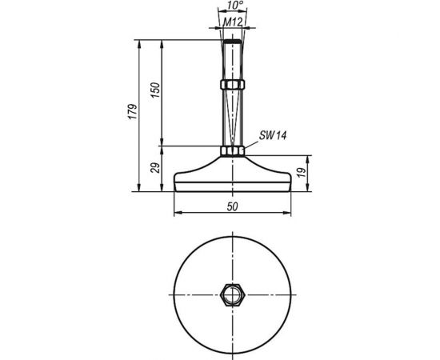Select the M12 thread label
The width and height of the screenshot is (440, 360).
tap(231, 22)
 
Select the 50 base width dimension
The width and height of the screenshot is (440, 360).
tap(231, 206)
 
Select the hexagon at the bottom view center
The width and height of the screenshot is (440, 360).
tap(231, 295)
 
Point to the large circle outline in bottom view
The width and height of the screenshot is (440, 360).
tap(174, 295)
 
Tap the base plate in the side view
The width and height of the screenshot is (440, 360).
tap(231, 180)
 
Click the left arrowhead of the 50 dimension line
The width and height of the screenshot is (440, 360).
tap(178, 214)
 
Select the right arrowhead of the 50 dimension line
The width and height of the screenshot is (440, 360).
tap(286, 214)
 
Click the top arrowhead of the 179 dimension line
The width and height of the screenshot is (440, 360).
tap(140, 40)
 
